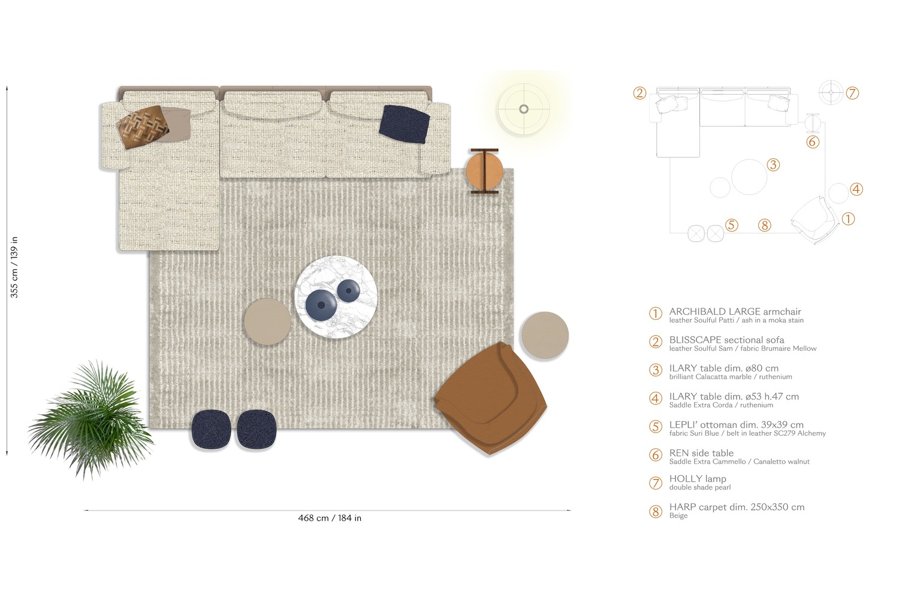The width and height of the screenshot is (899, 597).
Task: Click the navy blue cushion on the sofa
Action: [x=404, y=124]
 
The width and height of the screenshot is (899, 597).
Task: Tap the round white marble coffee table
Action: [x=335, y=298]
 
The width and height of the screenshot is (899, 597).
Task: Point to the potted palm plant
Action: [x=90, y=417]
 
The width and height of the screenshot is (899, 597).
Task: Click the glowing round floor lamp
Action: [x=524, y=109]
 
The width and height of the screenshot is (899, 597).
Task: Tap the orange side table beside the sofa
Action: [x=484, y=170]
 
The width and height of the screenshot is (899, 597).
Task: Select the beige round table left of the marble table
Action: [x=267, y=322]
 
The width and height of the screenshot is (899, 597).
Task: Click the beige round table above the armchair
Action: [x=545, y=335]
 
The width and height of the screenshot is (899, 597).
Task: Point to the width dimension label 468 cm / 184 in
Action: [x=330, y=518]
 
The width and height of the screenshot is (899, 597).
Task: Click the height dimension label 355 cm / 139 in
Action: [x=14, y=267]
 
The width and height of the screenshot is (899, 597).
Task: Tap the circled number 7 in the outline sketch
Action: [x=852, y=93]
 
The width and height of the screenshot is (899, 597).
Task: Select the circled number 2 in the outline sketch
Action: [x=640, y=93]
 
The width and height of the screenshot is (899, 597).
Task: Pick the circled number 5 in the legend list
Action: [x=656, y=427]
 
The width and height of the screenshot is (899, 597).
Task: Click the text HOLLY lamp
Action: [x=698, y=479]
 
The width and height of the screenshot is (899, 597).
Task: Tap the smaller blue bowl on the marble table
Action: [x=348, y=291]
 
